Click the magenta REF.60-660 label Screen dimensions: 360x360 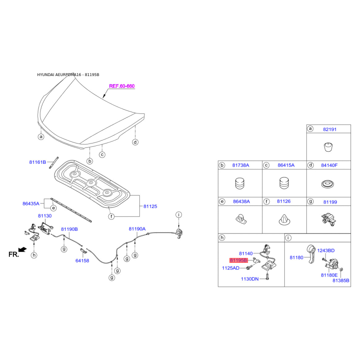121,86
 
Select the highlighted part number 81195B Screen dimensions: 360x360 238,260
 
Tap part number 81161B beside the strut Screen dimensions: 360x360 38,162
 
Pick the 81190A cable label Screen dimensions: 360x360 137,229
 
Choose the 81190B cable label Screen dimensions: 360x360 69,229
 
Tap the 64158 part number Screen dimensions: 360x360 82,260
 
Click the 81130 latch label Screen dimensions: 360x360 45,216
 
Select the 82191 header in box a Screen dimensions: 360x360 329,130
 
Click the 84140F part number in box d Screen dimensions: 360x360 329,166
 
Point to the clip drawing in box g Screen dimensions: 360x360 328,220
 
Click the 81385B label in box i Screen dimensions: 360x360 341,280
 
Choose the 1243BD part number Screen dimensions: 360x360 326,250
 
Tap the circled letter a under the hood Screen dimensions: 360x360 40,136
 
